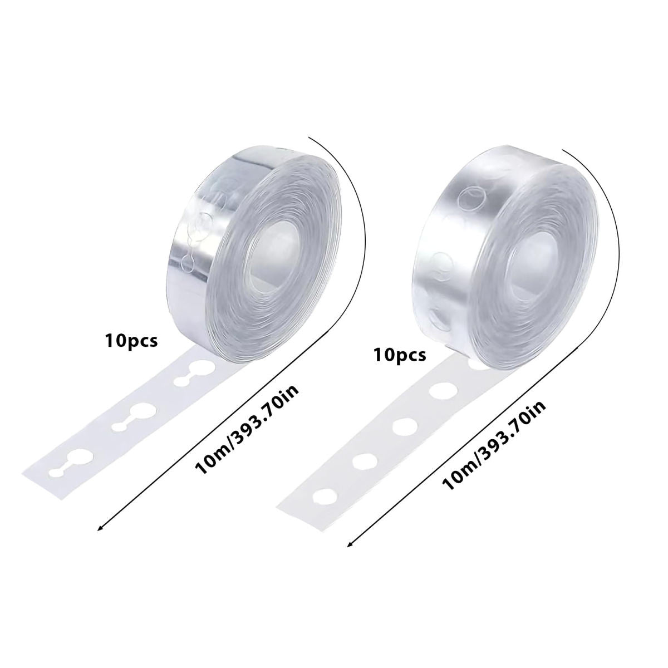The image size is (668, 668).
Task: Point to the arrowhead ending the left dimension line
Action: [100, 538]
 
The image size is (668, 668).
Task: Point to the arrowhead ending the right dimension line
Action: [350, 553]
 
